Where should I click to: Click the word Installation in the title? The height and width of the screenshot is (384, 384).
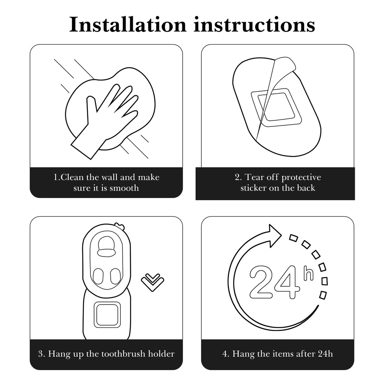click(x=128, y=24)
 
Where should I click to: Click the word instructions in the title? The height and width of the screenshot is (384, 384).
click(x=255, y=24)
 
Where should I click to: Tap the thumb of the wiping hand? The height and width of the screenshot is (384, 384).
click(x=91, y=104)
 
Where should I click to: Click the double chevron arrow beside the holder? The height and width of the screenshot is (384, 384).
click(x=153, y=282)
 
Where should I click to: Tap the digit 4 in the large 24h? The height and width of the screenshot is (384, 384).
click(x=287, y=282)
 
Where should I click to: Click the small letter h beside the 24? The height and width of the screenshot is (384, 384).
click(x=309, y=273)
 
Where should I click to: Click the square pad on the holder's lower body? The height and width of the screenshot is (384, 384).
click(x=107, y=315)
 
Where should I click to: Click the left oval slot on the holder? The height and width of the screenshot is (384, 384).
click(x=98, y=276)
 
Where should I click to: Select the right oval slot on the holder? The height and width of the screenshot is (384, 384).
click(x=115, y=276)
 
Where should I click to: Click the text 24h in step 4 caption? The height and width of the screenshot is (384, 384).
click(x=325, y=354)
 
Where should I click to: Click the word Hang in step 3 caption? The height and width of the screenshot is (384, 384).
click(x=57, y=354)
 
